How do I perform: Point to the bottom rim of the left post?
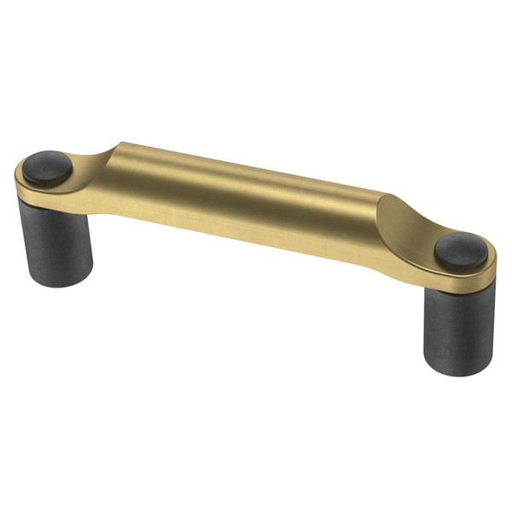(56, 282)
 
